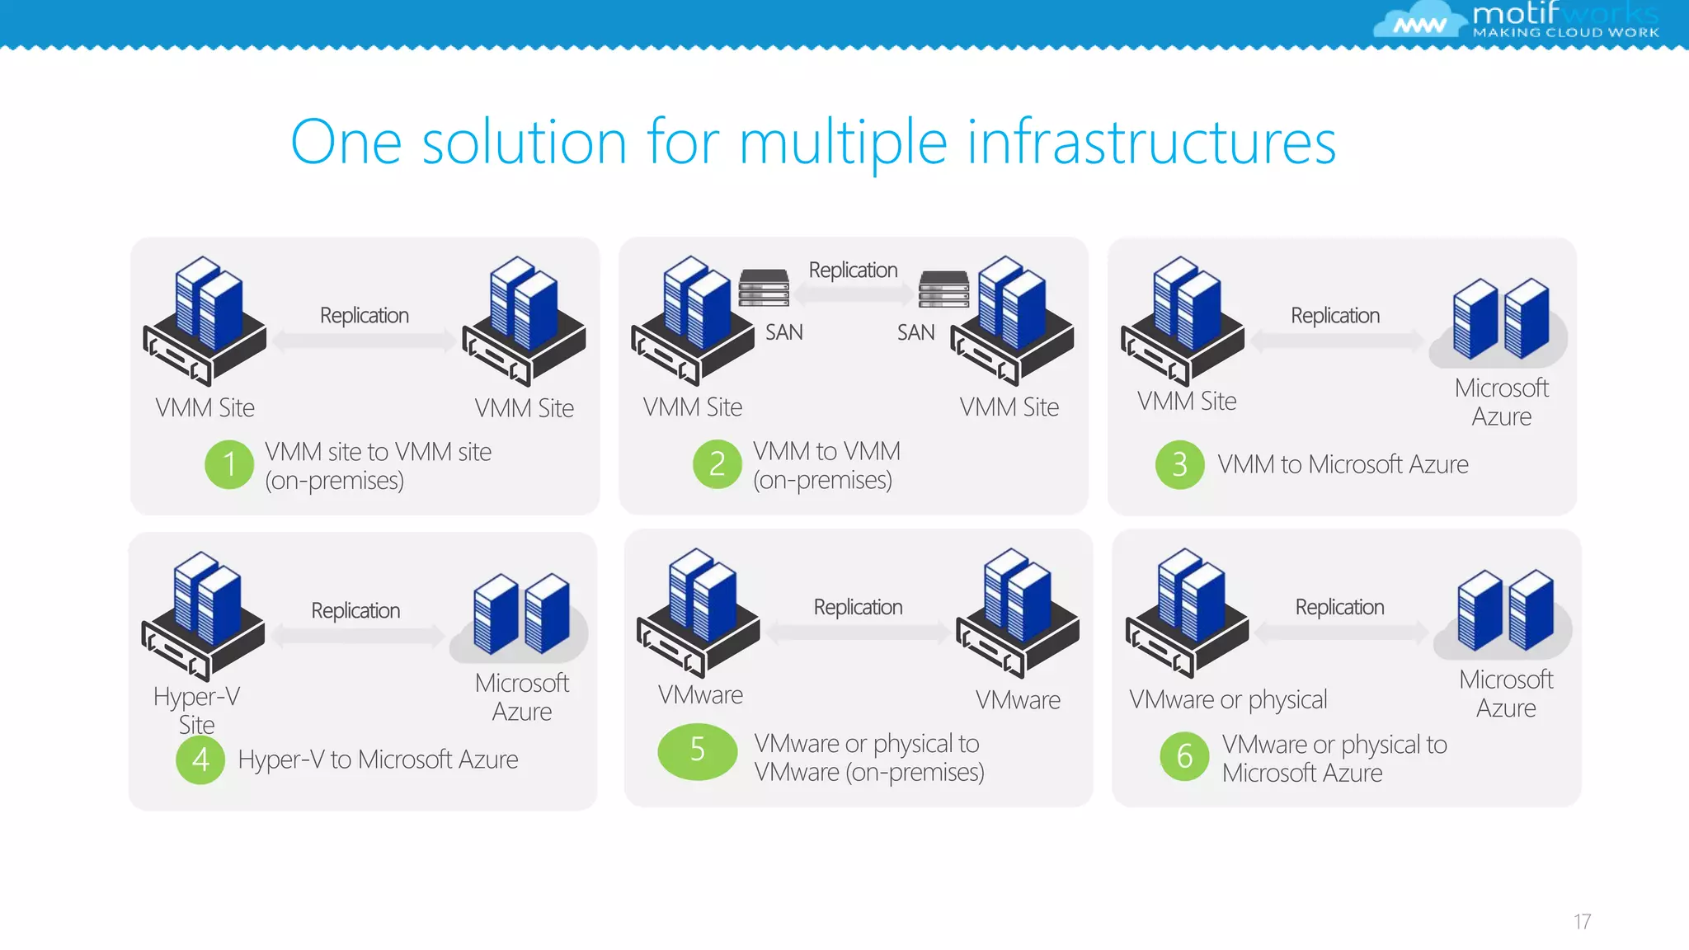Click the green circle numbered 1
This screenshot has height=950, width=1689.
(x=229, y=464)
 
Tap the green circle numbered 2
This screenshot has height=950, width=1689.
(x=717, y=464)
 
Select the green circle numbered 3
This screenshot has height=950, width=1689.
(x=1179, y=465)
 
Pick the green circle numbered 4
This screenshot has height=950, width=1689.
(x=200, y=760)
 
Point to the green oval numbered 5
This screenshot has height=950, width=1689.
(x=698, y=750)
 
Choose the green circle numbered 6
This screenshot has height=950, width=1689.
(x=1184, y=755)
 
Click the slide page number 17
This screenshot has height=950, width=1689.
(x=1582, y=921)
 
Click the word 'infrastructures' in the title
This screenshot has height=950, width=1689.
(x=1151, y=143)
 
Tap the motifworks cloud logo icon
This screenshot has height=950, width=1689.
(x=1417, y=21)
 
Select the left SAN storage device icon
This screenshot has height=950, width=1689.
(x=764, y=288)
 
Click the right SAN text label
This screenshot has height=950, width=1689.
(x=916, y=332)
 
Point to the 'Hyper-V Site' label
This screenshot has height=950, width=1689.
(x=196, y=710)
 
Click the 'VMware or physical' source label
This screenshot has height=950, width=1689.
(x=1228, y=699)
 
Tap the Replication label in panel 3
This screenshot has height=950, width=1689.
(x=1335, y=316)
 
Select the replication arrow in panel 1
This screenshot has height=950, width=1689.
(x=364, y=341)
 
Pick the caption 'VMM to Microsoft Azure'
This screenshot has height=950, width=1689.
(x=1343, y=465)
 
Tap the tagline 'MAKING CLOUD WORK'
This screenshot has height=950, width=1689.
(x=1565, y=33)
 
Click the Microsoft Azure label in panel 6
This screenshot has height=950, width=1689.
(x=1506, y=694)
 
